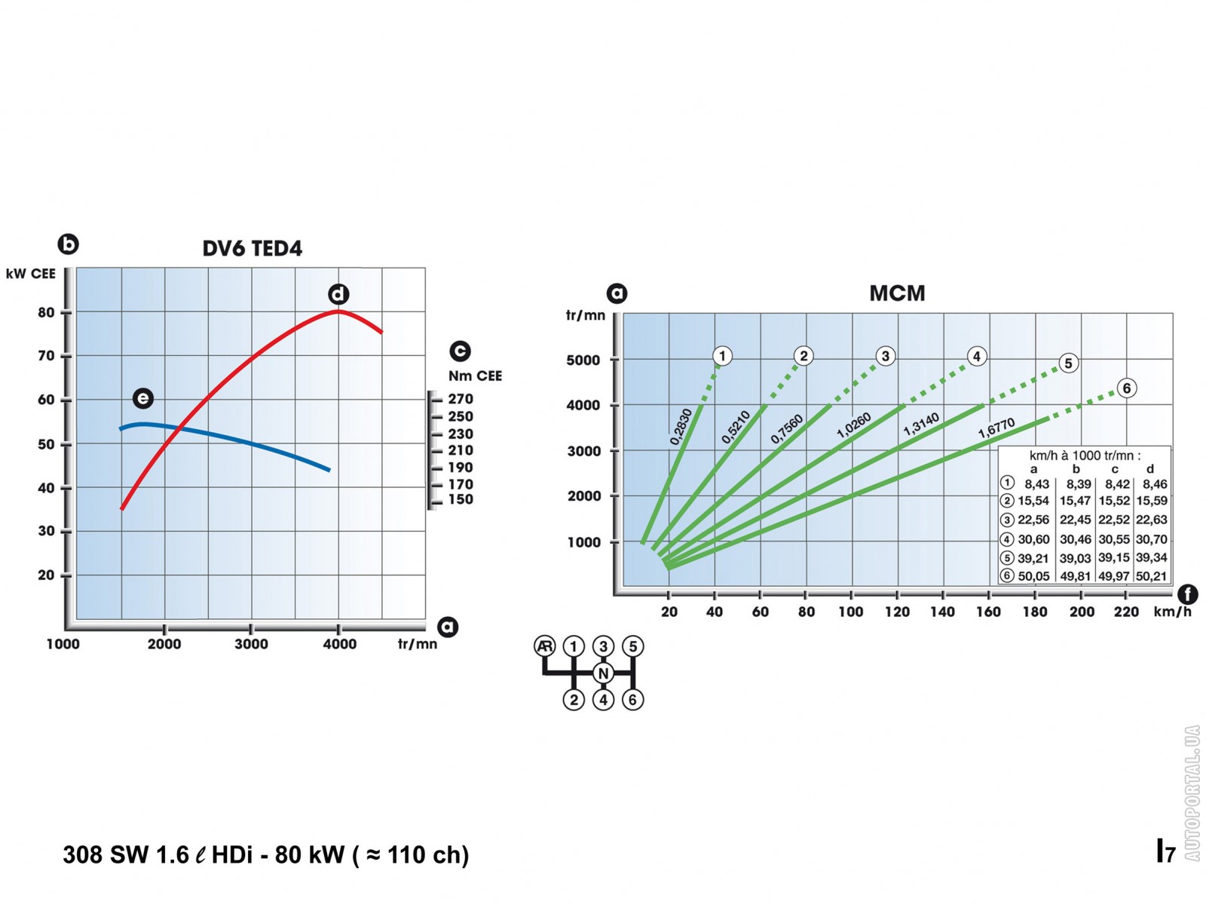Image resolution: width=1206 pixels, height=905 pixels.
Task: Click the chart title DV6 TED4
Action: click(x=252, y=248)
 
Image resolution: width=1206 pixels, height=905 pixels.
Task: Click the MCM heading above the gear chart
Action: click(x=897, y=293)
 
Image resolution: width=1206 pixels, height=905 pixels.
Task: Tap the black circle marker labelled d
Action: click(x=338, y=294)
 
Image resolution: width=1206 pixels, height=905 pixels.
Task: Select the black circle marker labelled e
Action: click(x=142, y=398)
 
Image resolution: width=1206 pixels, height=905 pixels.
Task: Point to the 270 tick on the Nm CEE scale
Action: click(x=460, y=399)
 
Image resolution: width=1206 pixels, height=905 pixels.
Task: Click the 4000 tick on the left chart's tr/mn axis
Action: click(x=340, y=643)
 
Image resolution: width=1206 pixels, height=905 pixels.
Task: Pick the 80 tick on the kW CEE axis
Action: click(x=47, y=312)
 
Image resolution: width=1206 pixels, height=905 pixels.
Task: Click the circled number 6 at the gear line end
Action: click(x=1126, y=388)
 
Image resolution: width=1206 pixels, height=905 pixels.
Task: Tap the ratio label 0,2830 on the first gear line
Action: click(x=681, y=427)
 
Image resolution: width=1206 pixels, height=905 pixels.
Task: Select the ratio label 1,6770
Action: click(x=996, y=428)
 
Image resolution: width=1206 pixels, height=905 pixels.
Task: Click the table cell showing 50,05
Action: click(x=1033, y=576)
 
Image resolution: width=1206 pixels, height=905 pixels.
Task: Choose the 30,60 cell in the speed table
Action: click(x=1033, y=539)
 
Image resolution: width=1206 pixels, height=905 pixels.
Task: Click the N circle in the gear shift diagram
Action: click(x=603, y=673)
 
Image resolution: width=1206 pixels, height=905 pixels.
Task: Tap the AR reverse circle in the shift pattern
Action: click(x=544, y=646)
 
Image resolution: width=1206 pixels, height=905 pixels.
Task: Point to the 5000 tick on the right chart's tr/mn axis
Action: click(x=583, y=360)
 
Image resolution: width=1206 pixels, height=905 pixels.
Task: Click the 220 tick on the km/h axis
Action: click(x=1126, y=612)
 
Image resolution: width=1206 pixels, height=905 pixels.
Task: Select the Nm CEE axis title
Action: click(x=475, y=376)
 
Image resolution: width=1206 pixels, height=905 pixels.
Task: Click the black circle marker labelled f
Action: click(x=1188, y=594)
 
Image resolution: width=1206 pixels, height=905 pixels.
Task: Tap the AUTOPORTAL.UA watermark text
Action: click(x=1192, y=793)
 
